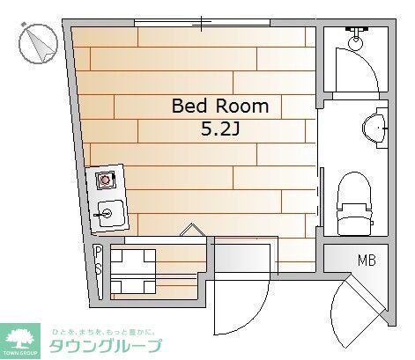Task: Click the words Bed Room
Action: click(219, 107)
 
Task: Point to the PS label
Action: click(98, 262)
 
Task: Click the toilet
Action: click(355, 204)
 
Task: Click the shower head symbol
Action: click(356, 39)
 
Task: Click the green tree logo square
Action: click(22, 339)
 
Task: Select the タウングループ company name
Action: click(106, 345)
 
